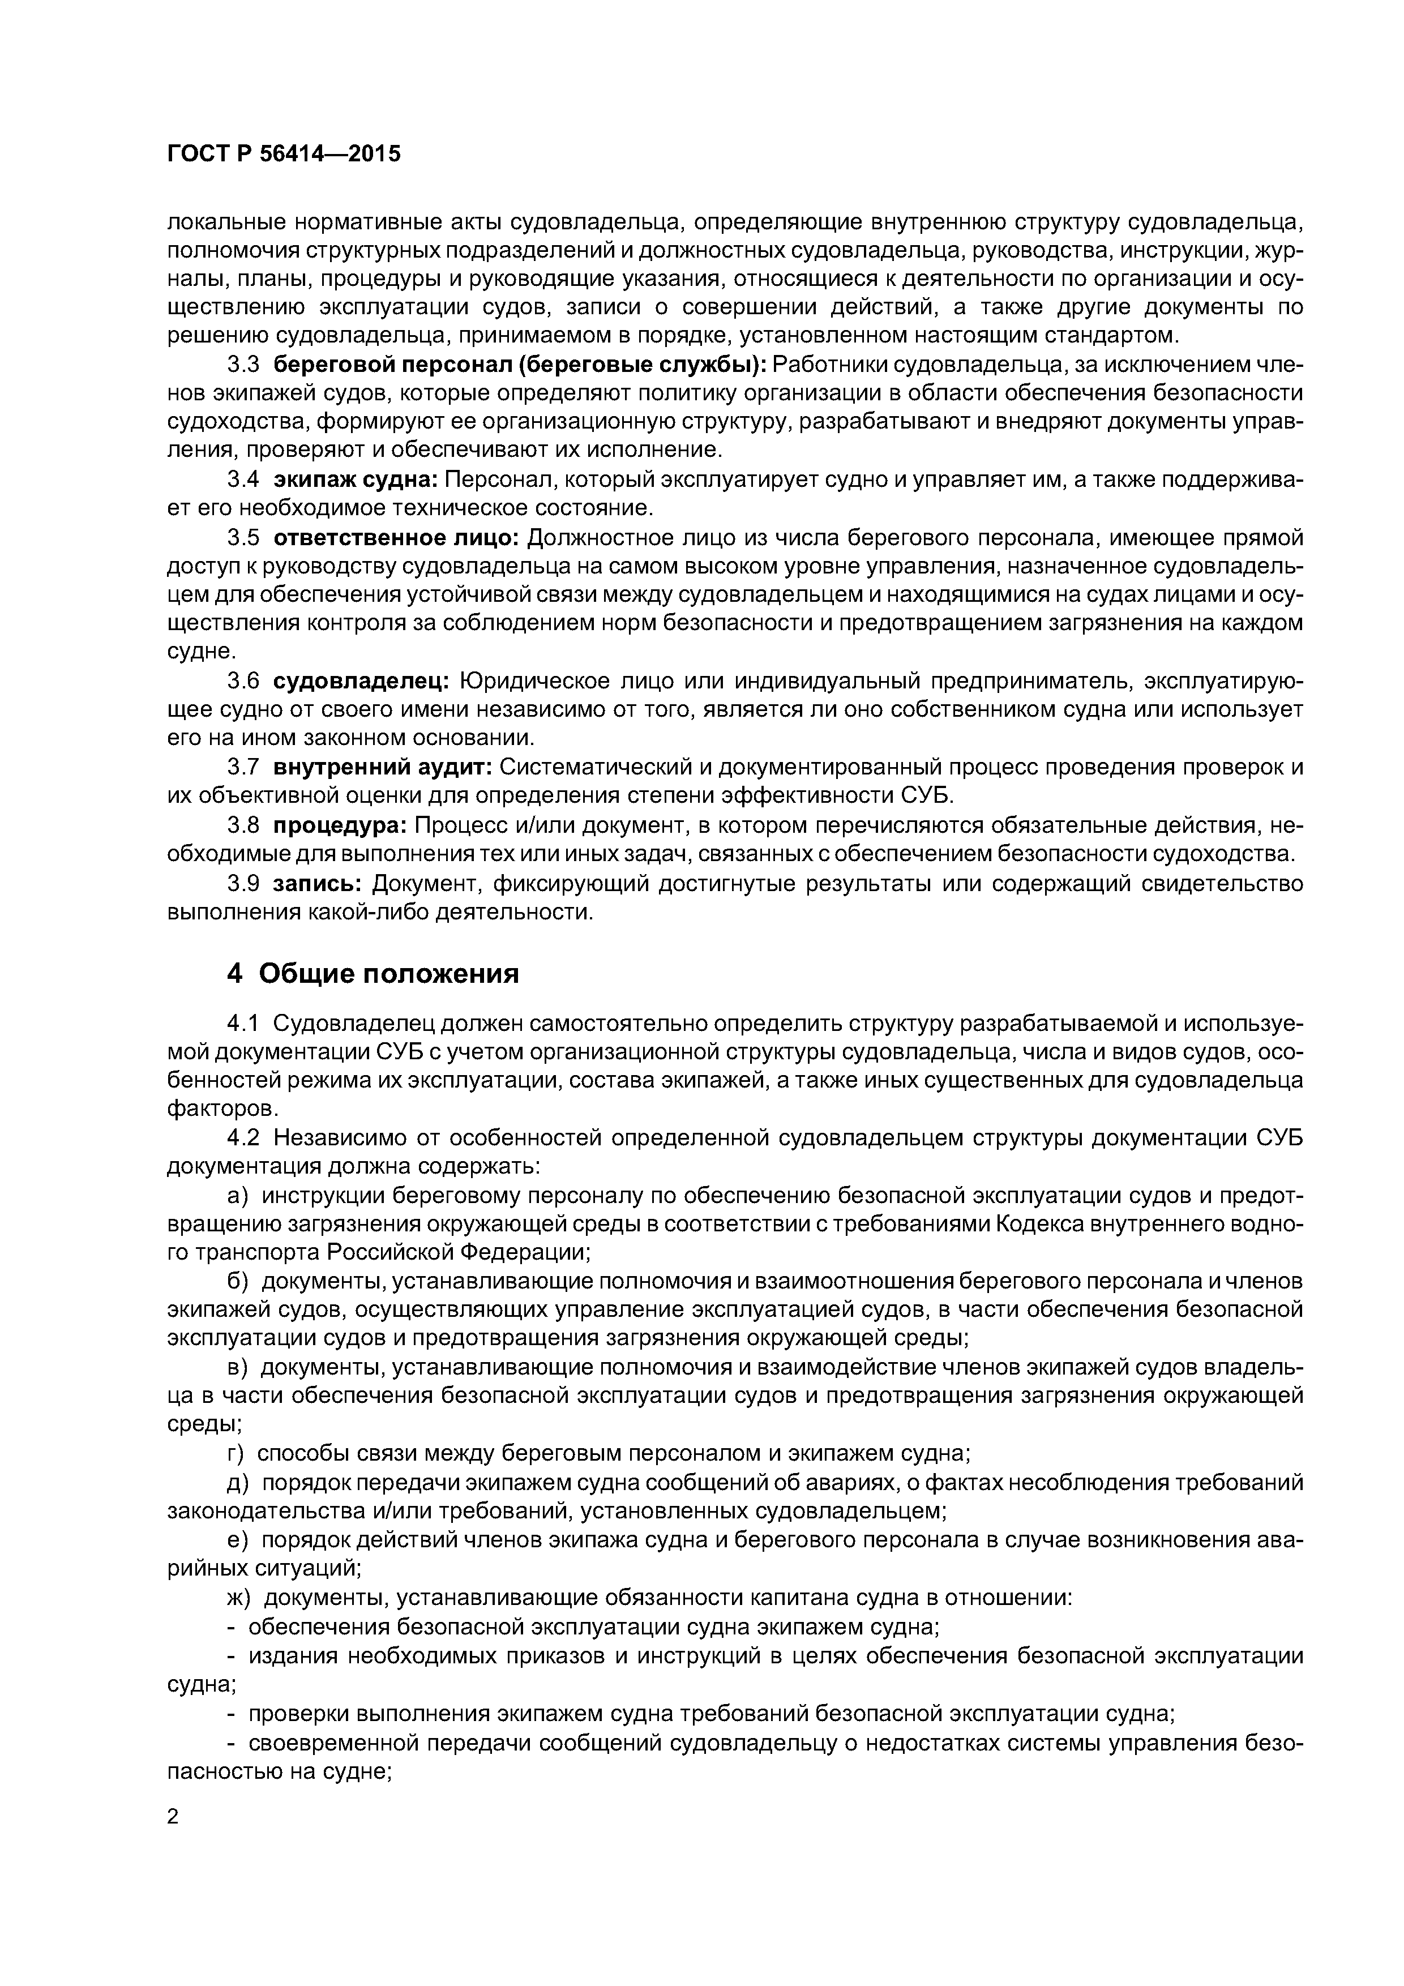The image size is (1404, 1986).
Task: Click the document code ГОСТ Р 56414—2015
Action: pos(284,155)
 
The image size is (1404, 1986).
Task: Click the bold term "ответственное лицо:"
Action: pos(395,538)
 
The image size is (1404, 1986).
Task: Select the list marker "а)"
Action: pos(237,1196)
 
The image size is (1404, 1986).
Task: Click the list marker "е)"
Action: pos(237,1540)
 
